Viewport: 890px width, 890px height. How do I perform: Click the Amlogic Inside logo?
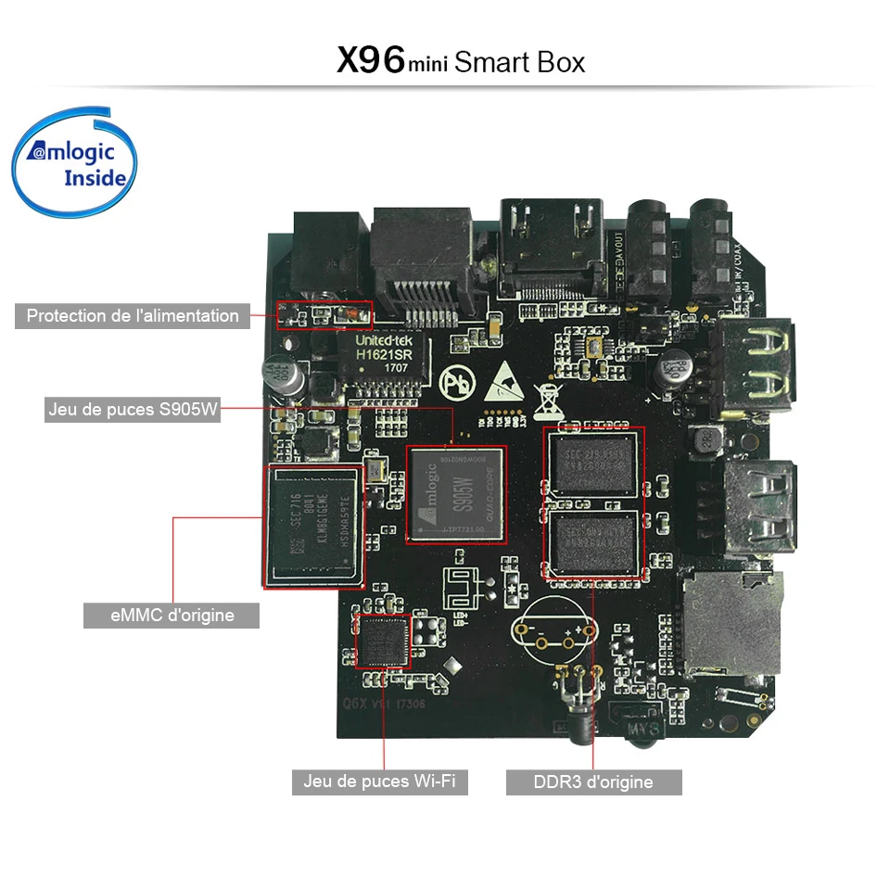75,162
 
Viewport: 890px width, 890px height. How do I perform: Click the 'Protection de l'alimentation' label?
132,316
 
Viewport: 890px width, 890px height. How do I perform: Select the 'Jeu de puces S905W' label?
133,410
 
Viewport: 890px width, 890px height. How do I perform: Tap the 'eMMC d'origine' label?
172,615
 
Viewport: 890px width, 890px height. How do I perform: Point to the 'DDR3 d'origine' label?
593,782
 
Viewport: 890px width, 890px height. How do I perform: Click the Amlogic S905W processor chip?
457,495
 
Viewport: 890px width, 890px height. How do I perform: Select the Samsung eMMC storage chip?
313,528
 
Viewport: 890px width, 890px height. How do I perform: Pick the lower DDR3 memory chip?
592,543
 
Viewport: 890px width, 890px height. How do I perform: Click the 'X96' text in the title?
370,61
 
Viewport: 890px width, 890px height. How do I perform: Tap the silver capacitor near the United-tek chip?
278,374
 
